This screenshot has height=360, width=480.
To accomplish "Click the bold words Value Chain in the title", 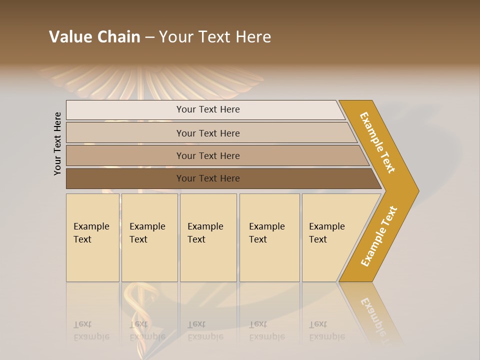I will point(94,37).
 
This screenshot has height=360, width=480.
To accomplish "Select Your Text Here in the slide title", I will point(215,37).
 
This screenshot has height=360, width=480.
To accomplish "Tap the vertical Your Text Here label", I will point(58,143).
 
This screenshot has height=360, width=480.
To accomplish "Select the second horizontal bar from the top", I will point(207,133).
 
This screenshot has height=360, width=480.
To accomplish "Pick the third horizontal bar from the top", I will point(207,155).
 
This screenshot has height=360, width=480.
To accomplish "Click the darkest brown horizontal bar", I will point(207,178).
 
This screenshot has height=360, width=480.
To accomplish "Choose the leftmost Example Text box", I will point(92,237).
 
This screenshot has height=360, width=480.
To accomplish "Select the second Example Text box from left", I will point(149,237).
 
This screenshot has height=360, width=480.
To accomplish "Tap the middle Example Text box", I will point(208,237).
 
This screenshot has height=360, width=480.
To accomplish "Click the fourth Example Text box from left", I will point(269,237).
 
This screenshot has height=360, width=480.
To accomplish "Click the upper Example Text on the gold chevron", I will point(378,142).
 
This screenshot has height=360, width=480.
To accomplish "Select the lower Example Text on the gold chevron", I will point(379,236).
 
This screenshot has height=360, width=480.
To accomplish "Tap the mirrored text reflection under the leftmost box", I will point(91,330).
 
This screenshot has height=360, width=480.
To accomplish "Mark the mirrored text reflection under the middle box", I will point(205,330).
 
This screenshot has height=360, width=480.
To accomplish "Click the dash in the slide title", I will point(149,37).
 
